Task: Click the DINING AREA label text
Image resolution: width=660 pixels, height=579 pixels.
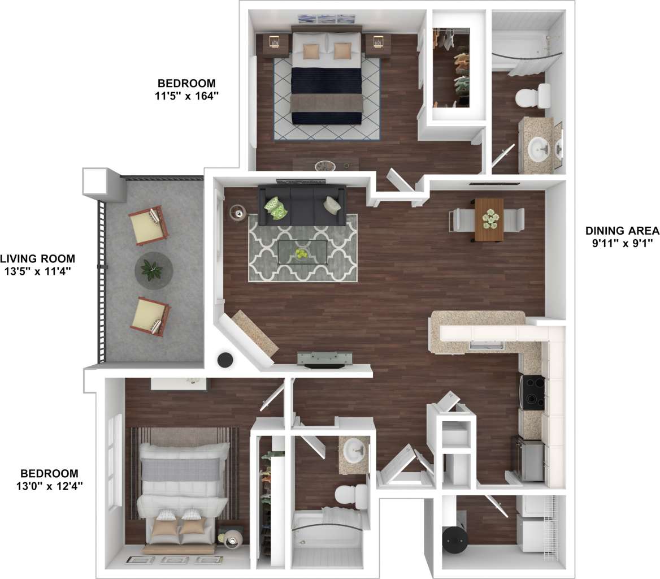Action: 622,231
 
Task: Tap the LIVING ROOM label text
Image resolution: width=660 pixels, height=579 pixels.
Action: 37,259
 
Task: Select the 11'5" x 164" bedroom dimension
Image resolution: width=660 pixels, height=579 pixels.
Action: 186,96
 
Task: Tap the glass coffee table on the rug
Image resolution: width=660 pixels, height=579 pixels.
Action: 302,252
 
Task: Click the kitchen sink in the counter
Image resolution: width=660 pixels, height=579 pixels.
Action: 486,345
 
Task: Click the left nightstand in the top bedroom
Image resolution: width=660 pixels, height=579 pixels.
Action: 273,44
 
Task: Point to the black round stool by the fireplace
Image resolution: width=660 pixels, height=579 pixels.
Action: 226,360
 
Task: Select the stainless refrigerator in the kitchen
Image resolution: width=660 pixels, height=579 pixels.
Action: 529,459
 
